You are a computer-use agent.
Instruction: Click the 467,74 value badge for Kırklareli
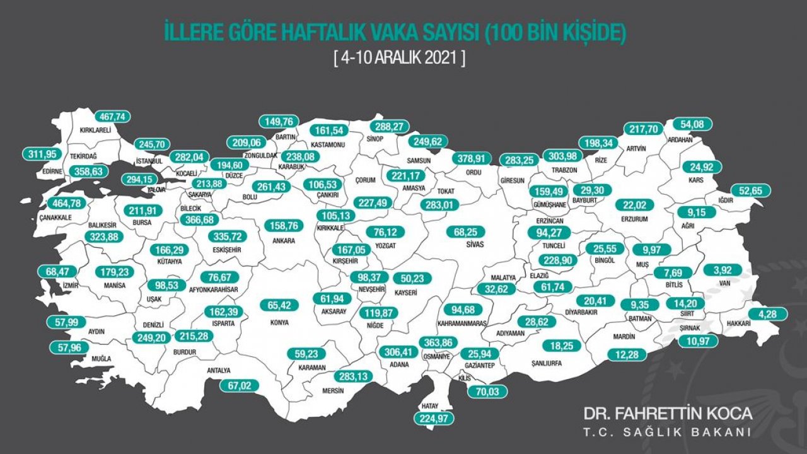pyautogui.click(x=113, y=117)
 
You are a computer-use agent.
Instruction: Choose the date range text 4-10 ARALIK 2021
pyautogui.click(x=400, y=59)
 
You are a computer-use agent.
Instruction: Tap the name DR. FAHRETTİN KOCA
pyautogui.click(x=668, y=414)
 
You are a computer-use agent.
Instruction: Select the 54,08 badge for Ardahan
pyautogui.click(x=692, y=124)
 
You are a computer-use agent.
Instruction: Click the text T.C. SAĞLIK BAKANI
pyautogui.click(x=668, y=433)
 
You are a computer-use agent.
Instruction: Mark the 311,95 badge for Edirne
pyautogui.click(x=44, y=154)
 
